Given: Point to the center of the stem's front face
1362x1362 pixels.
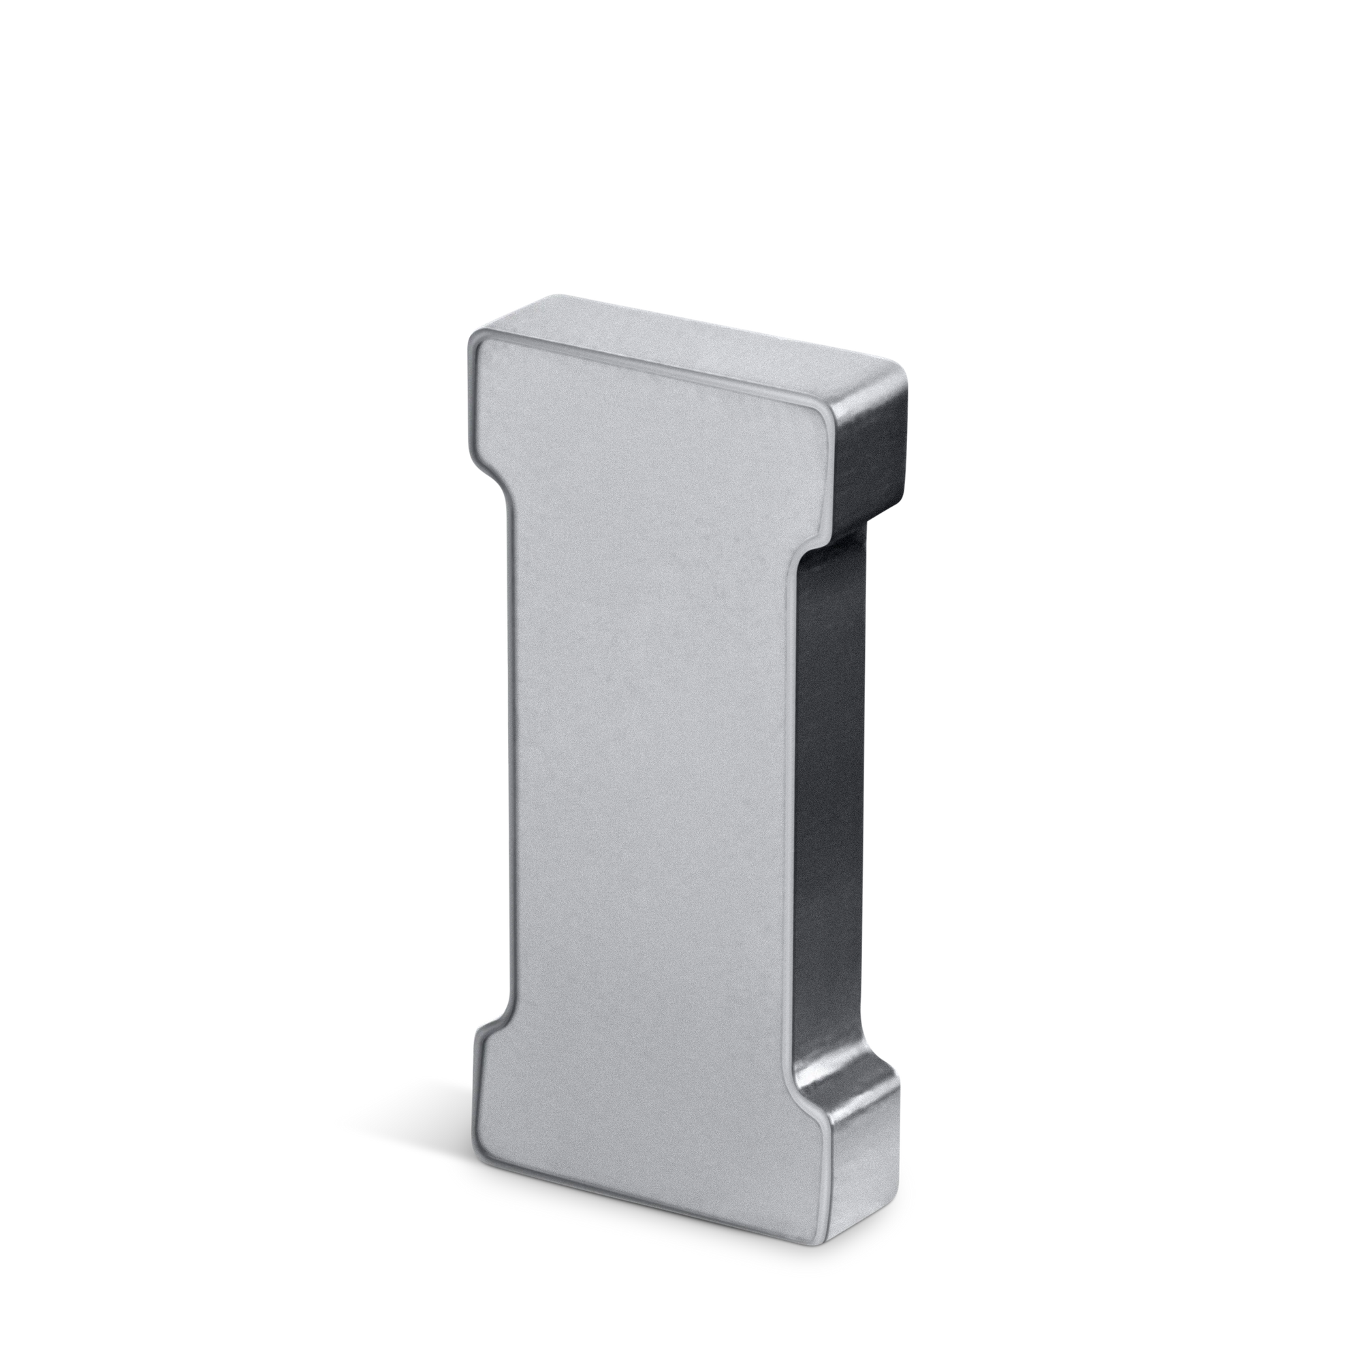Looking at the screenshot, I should (652, 776).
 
